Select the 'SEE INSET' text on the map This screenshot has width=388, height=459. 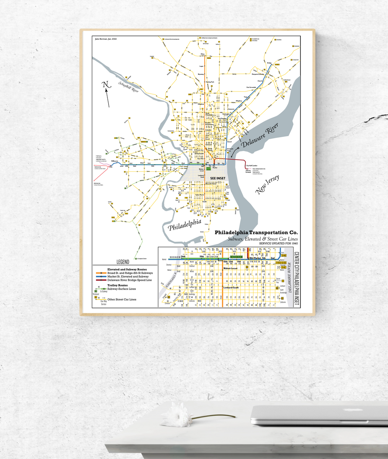pyautogui.click(x=218, y=178)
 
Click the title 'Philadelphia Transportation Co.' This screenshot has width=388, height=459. pyautogui.click(x=256, y=233)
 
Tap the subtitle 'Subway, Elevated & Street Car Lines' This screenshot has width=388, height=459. pyautogui.click(x=263, y=239)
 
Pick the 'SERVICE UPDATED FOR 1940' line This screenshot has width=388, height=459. pyautogui.click(x=278, y=244)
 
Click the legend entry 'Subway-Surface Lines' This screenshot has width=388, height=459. pyautogui.click(x=122, y=289)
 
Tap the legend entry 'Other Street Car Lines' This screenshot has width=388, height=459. pyautogui.click(x=122, y=299)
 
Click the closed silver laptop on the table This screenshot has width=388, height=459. pyautogui.click(x=319, y=416)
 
